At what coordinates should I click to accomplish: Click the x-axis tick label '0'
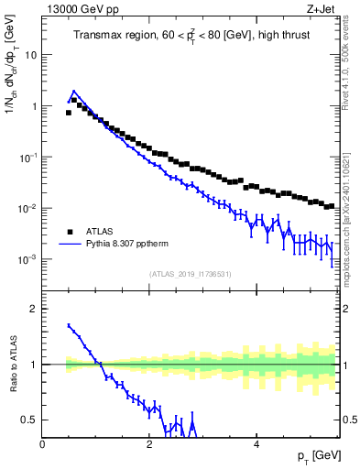click(43, 443)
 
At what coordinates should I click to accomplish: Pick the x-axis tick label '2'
click(149, 443)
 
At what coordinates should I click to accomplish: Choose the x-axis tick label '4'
click(256, 443)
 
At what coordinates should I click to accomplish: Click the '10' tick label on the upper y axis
click(31, 55)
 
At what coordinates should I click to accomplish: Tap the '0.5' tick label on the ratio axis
click(29, 420)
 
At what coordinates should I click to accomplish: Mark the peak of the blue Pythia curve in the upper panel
click(73, 92)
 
